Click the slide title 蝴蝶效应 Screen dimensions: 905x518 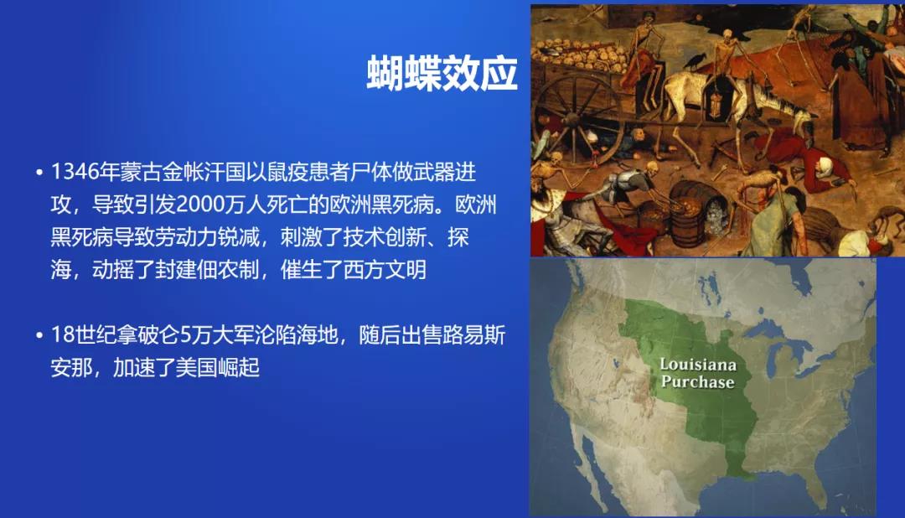pos(442,73)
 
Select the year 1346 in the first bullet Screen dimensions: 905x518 pos(75,172)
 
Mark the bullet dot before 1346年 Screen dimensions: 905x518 pos(39,172)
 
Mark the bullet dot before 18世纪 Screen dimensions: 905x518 pos(39,335)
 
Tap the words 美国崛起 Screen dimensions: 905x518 pos(217,368)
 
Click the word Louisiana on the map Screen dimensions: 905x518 pos(698,365)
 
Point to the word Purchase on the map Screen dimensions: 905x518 pos(698,381)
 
